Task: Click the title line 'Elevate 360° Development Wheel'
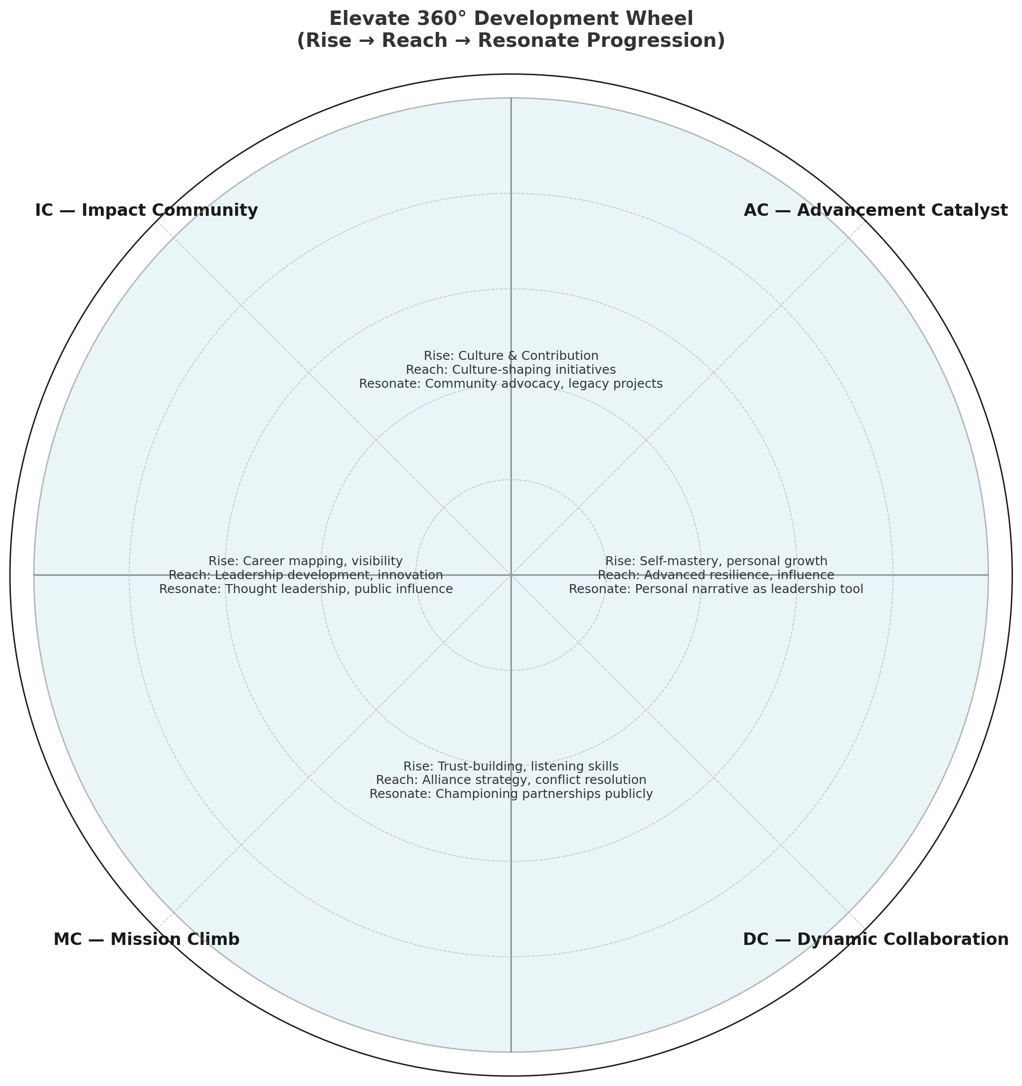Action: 511,18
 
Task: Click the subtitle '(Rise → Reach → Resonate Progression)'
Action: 511,41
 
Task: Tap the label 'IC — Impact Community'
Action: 147,210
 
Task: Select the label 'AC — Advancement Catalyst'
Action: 875,210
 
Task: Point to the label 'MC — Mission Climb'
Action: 147,939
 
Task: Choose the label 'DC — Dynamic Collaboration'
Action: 875,939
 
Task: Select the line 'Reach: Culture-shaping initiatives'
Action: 511,370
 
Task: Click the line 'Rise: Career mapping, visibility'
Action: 306,561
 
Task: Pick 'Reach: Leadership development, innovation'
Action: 306,575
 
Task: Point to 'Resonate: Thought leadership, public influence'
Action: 306,590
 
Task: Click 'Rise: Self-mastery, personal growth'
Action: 716,561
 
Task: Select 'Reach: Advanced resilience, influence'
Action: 716,575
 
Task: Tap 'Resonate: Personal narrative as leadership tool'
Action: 716,590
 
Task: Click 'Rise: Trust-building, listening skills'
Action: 511,767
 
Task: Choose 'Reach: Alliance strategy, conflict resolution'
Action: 511,780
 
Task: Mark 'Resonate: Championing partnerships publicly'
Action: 511,794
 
